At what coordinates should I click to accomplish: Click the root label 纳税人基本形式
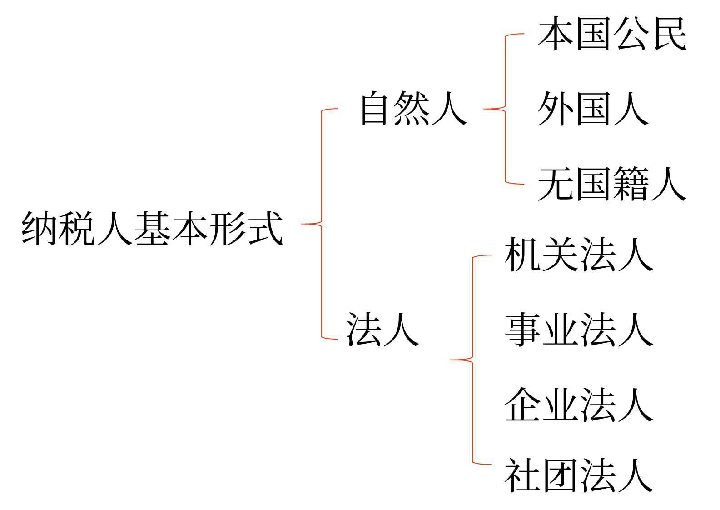click(152, 228)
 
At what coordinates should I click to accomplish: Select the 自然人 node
click(413, 108)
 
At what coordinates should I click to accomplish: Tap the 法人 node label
click(382, 330)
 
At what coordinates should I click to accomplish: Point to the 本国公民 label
click(612, 34)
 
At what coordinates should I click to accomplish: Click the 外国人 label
click(593, 109)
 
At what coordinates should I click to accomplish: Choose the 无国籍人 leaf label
click(612, 184)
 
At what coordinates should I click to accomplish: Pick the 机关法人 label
click(579, 255)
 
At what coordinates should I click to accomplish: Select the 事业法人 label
click(579, 330)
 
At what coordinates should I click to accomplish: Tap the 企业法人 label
click(579, 405)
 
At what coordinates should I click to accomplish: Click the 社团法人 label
click(579, 475)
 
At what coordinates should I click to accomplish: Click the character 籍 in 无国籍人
click(631, 184)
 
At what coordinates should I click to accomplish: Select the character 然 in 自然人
click(412, 108)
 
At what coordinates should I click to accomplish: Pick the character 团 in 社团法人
click(560, 475)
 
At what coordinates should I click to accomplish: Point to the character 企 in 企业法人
click(522, 405)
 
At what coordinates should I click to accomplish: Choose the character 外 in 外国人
click(555, 109)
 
